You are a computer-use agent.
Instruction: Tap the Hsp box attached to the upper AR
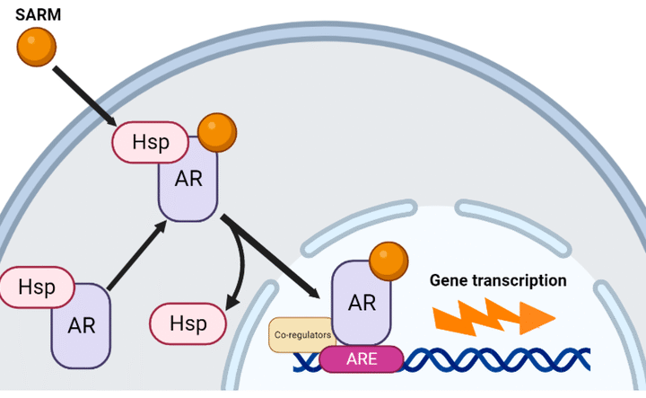pos(149,142)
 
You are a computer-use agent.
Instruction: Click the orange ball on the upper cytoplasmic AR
pos(216,132)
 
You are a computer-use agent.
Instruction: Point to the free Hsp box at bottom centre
pos(188,323)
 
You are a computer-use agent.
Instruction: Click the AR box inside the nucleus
pos(362,304)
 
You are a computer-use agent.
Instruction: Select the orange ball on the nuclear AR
pos(388,261)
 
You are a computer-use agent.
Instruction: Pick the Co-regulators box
pos(300,334)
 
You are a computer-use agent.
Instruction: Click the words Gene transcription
pos(498,280)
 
